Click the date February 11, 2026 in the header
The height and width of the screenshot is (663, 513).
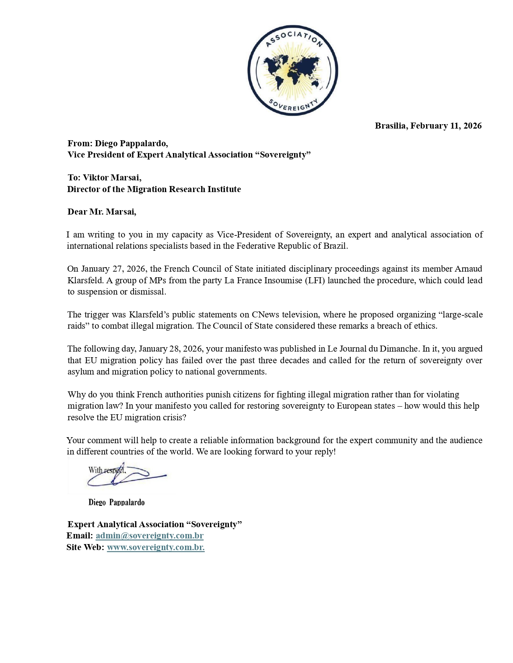click(x=446, y=126)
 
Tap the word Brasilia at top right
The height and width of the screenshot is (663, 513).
click(x=390, y=126)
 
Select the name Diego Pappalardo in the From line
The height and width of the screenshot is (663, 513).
click(x=131, y=143)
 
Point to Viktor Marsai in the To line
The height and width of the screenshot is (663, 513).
click(x=111, y=178)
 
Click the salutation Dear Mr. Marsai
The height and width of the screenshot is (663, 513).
click(x=102, y=212)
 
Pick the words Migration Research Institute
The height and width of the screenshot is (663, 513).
click(x=184, y=189)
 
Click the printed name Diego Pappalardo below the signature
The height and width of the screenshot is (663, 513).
click(x=116, y=502)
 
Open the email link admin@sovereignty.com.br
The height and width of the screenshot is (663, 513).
click(x=149, y=536)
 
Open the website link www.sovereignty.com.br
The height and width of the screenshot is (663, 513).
click(x=155, y=547)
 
